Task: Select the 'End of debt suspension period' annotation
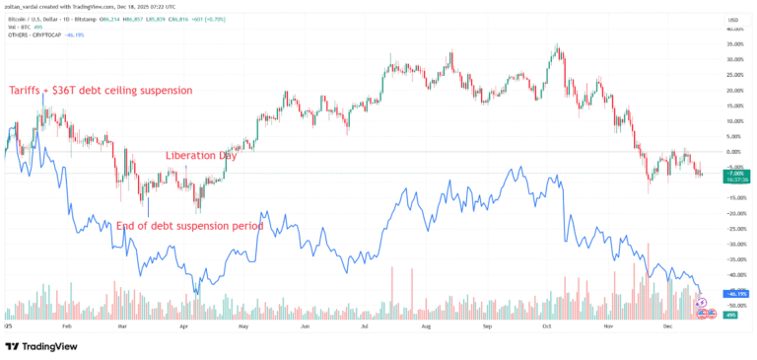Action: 189,226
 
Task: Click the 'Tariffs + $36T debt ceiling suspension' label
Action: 101,91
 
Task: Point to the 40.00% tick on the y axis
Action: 734,30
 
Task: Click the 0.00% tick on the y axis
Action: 734,152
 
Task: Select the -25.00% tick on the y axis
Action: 734,229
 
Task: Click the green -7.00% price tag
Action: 734,173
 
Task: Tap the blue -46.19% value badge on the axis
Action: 734,294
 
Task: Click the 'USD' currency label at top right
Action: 733,19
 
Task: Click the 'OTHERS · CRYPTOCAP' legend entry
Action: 34,36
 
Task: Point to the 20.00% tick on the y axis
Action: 734,91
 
